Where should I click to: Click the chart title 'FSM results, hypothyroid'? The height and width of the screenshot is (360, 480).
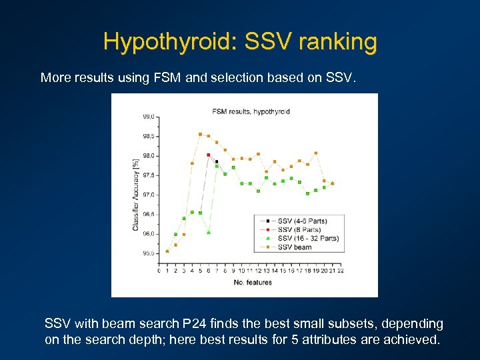click(x=251, y=111)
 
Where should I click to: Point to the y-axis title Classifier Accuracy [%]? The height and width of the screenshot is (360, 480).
click(x=136, y=191)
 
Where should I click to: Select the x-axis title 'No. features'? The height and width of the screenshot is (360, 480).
click(x=253, y=283)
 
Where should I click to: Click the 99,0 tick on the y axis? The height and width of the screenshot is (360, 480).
click(x=148, y=117)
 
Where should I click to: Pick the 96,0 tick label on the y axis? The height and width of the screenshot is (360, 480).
click(x=148, y=234)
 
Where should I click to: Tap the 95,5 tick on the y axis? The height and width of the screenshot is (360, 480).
click(x=148, y=253)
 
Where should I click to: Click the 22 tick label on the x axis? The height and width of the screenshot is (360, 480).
click(x=340, y=271)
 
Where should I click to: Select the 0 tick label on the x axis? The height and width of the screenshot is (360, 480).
click(x=159, y=271)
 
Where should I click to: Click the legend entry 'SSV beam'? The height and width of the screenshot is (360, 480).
click(x=294, y=247)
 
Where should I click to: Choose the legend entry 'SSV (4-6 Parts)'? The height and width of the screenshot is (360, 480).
click(x=302, y=221)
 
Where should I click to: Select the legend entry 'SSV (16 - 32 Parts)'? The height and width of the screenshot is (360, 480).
click(x=307, y=238)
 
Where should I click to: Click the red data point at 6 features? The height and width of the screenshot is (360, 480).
click(x=209, y=155)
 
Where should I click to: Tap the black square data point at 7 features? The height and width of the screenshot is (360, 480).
click(x=217, y=161)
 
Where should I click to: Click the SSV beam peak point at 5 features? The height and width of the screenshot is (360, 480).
click(x=200, y=134)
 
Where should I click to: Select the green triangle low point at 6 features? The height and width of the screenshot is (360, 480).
click(x=209, y=232)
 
